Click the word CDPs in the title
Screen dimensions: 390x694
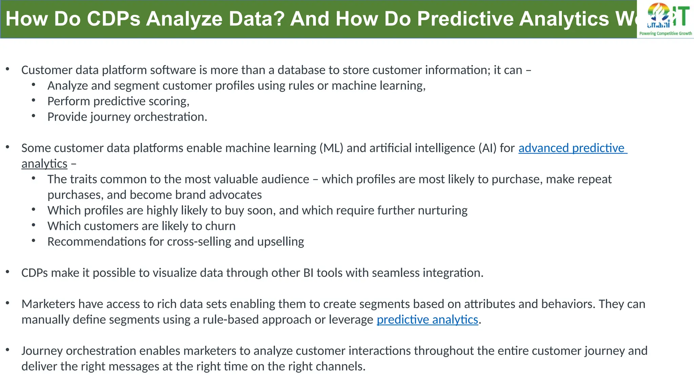pyautogui.click(x=113, y=19)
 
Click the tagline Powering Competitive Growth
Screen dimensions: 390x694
pyautogui.click(x=665, y=34)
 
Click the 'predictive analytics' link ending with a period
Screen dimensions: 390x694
pyautogui.click(x=427, y=320)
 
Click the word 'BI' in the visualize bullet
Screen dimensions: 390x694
pyautogui.click(x=308, y=273)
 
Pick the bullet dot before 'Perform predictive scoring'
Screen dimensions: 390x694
pyautogui.click(x=34, y=101)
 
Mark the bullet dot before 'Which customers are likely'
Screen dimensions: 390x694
pyautogui.click(x=34, y=225)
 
